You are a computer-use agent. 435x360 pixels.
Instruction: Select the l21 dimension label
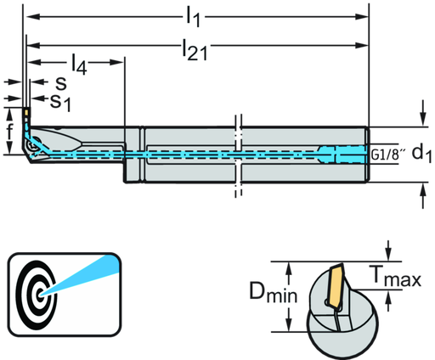(194, 51)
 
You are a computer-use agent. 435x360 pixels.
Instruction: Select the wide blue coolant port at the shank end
(347, 154)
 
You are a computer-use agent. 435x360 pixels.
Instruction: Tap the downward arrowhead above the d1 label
(422, 120)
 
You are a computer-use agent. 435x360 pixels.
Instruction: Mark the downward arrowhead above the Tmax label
(387, 257)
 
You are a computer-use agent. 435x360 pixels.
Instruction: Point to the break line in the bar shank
(237, 153)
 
